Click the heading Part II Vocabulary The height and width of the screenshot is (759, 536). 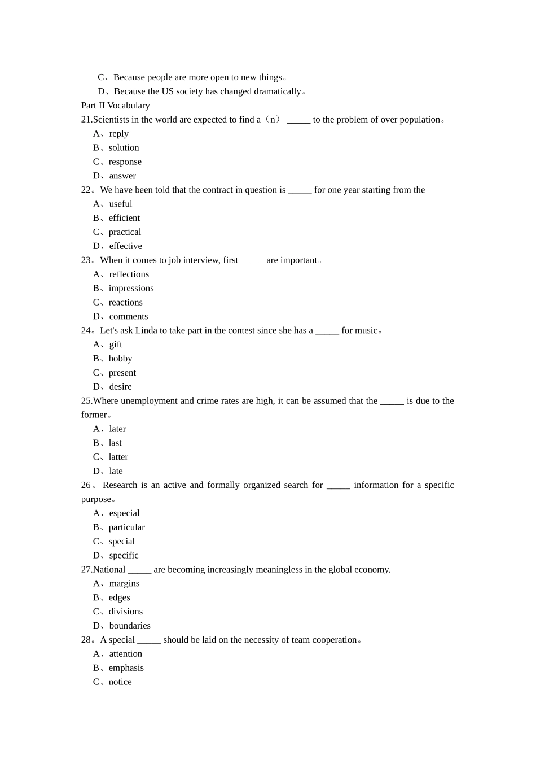point(115,106)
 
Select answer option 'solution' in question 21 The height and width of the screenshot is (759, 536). point(124,148)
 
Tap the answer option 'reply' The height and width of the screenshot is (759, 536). point(118,134)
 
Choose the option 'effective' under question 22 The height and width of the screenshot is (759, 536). point(125,246)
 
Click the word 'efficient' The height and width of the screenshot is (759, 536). point(124,218)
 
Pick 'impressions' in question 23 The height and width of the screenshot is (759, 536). point(131,289)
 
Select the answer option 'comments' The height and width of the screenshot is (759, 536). point(129,317)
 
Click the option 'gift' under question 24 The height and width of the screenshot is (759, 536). point(116,344)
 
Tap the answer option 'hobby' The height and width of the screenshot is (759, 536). point(120,359)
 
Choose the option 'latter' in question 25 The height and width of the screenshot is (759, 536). point(118,457)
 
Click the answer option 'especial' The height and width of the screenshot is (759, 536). point(124,513)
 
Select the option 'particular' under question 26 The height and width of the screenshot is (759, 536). point(126,527)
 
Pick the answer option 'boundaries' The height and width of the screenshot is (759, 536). point(130,626)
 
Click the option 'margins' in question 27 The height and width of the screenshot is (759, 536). point(124,583)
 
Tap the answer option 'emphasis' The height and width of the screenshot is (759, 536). point(126,668)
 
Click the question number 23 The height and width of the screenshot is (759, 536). point(86,260)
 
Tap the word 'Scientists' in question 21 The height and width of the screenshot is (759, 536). point(111,120)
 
